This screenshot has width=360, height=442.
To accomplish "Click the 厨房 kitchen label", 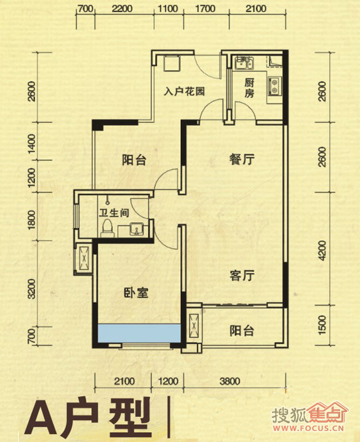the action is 249,88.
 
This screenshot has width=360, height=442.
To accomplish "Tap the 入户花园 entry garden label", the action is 185,92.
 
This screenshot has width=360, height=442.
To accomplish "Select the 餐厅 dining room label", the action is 242,160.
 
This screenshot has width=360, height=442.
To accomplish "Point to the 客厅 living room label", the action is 242,275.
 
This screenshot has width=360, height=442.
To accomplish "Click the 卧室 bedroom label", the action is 136,293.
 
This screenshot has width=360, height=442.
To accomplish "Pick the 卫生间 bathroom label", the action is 114,213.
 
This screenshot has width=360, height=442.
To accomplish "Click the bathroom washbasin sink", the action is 137,229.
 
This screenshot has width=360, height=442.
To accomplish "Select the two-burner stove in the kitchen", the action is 274,86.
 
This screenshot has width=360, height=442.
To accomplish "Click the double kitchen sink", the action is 244,62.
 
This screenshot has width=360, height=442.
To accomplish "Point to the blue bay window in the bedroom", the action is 139,333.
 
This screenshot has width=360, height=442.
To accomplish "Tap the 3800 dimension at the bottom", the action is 230,381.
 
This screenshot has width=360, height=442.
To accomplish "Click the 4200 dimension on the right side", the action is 322,251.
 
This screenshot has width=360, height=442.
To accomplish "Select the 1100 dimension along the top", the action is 168,8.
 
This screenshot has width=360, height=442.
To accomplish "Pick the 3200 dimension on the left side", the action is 32,288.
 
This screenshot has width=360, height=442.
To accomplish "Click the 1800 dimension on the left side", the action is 32,220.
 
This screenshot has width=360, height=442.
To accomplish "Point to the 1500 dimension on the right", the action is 322,325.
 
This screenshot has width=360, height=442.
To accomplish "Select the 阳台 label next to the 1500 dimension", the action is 242,330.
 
